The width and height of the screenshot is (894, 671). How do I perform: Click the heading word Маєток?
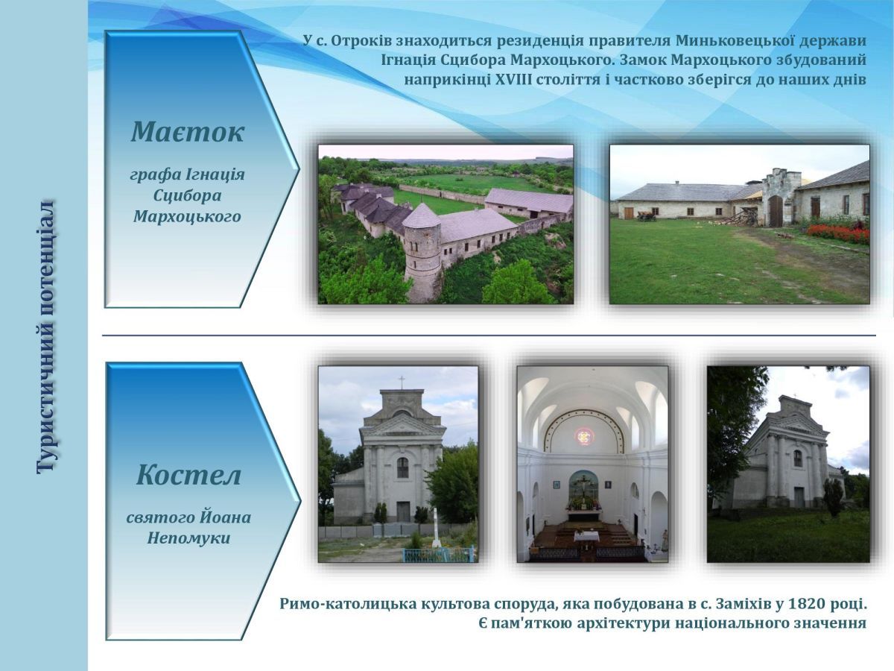tap(188, 132)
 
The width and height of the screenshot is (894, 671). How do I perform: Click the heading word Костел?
tap(188, 475)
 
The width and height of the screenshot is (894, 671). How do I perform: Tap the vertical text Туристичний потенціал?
tap(45, 336)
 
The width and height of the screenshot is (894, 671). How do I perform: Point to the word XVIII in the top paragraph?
tap(513, 80)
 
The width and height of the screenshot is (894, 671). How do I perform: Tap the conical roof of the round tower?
tap(421, 216)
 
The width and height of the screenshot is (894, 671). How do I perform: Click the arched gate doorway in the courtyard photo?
tap(776, 211)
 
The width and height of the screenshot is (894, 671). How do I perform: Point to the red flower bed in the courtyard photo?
tap(838, 234)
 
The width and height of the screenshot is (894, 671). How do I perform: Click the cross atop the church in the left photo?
tap(402, 382)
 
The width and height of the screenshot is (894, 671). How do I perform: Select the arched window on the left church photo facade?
tap(402, 467)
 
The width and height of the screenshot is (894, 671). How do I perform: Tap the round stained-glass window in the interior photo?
tap(584, 437)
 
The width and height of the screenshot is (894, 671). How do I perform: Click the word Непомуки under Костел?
tap(188, 538)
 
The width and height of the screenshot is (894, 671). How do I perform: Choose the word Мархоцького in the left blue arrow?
tap(187, 216)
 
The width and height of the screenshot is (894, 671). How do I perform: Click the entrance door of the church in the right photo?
tap(799, 497)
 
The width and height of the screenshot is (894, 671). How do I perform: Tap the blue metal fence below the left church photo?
tap(438, 554)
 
